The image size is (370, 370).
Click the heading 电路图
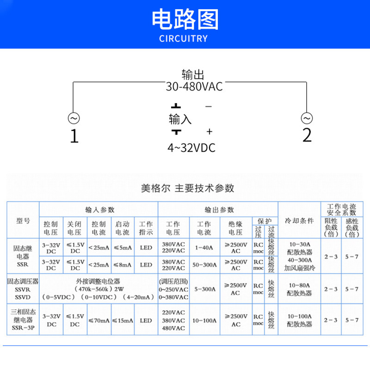click(185, 19)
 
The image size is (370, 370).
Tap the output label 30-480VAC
click(194, 86)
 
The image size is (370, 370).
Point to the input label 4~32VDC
click(191, 148)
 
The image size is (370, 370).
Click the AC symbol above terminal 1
click(74, 118)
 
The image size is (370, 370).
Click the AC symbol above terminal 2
click(306, 118)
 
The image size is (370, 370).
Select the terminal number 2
click(307, 136)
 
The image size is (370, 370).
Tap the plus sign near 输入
click(209, 132)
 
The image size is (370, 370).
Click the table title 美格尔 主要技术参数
click(187, 188)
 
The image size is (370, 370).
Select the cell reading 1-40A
click(204, 247)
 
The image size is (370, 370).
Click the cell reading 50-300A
click(204, 265)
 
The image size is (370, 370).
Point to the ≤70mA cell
click(99, 320)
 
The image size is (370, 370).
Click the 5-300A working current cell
click(204, 289)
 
